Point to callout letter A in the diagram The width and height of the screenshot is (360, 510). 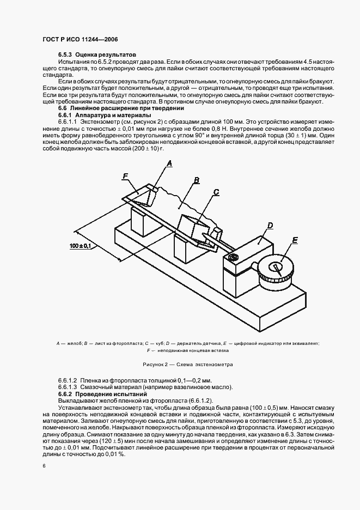coord(169,162)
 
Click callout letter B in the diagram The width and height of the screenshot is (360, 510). coord(197,179)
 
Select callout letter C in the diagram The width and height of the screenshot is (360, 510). coord(216,192)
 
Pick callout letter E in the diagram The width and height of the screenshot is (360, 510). coord(295,240)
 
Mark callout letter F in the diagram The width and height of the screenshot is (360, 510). coord(126,175)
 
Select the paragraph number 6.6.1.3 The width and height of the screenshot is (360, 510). coord(68,387)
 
